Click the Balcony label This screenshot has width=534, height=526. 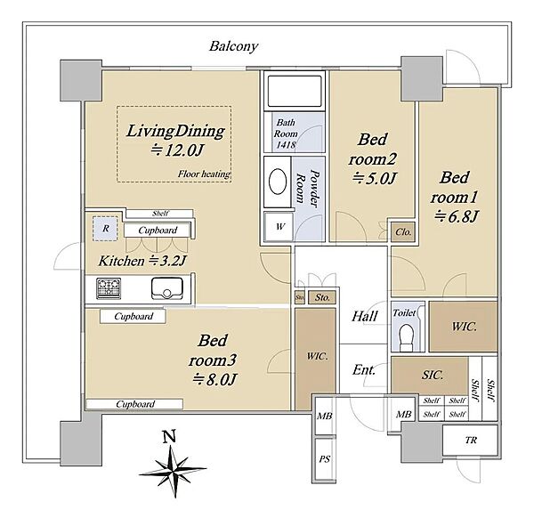[233, 46]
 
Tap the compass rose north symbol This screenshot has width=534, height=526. [173, 464]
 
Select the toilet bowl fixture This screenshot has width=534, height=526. [406, 337]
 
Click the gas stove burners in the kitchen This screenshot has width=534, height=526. [109, 288]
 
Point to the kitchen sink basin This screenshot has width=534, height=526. [167, 288]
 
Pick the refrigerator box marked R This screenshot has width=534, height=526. [106, 228]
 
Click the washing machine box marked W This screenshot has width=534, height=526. [279, 227]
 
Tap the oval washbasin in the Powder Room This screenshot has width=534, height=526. [278, 182]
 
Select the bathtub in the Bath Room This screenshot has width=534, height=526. [295, 92]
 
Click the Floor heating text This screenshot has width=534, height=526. [204, 174]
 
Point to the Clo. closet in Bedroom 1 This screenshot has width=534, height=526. [403, 232]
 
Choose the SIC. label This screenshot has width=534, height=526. [433, 375]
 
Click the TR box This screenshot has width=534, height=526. [470, 441]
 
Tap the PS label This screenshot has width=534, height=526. [325, 459]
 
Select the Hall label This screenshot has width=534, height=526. [364, 316]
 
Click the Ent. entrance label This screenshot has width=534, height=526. [364, 369]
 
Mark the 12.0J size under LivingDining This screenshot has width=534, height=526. [178, 150]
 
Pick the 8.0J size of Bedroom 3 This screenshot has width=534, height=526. [214, 379]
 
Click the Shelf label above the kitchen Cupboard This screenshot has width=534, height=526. [160, 214]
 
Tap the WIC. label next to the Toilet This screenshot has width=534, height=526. [464, 327]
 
